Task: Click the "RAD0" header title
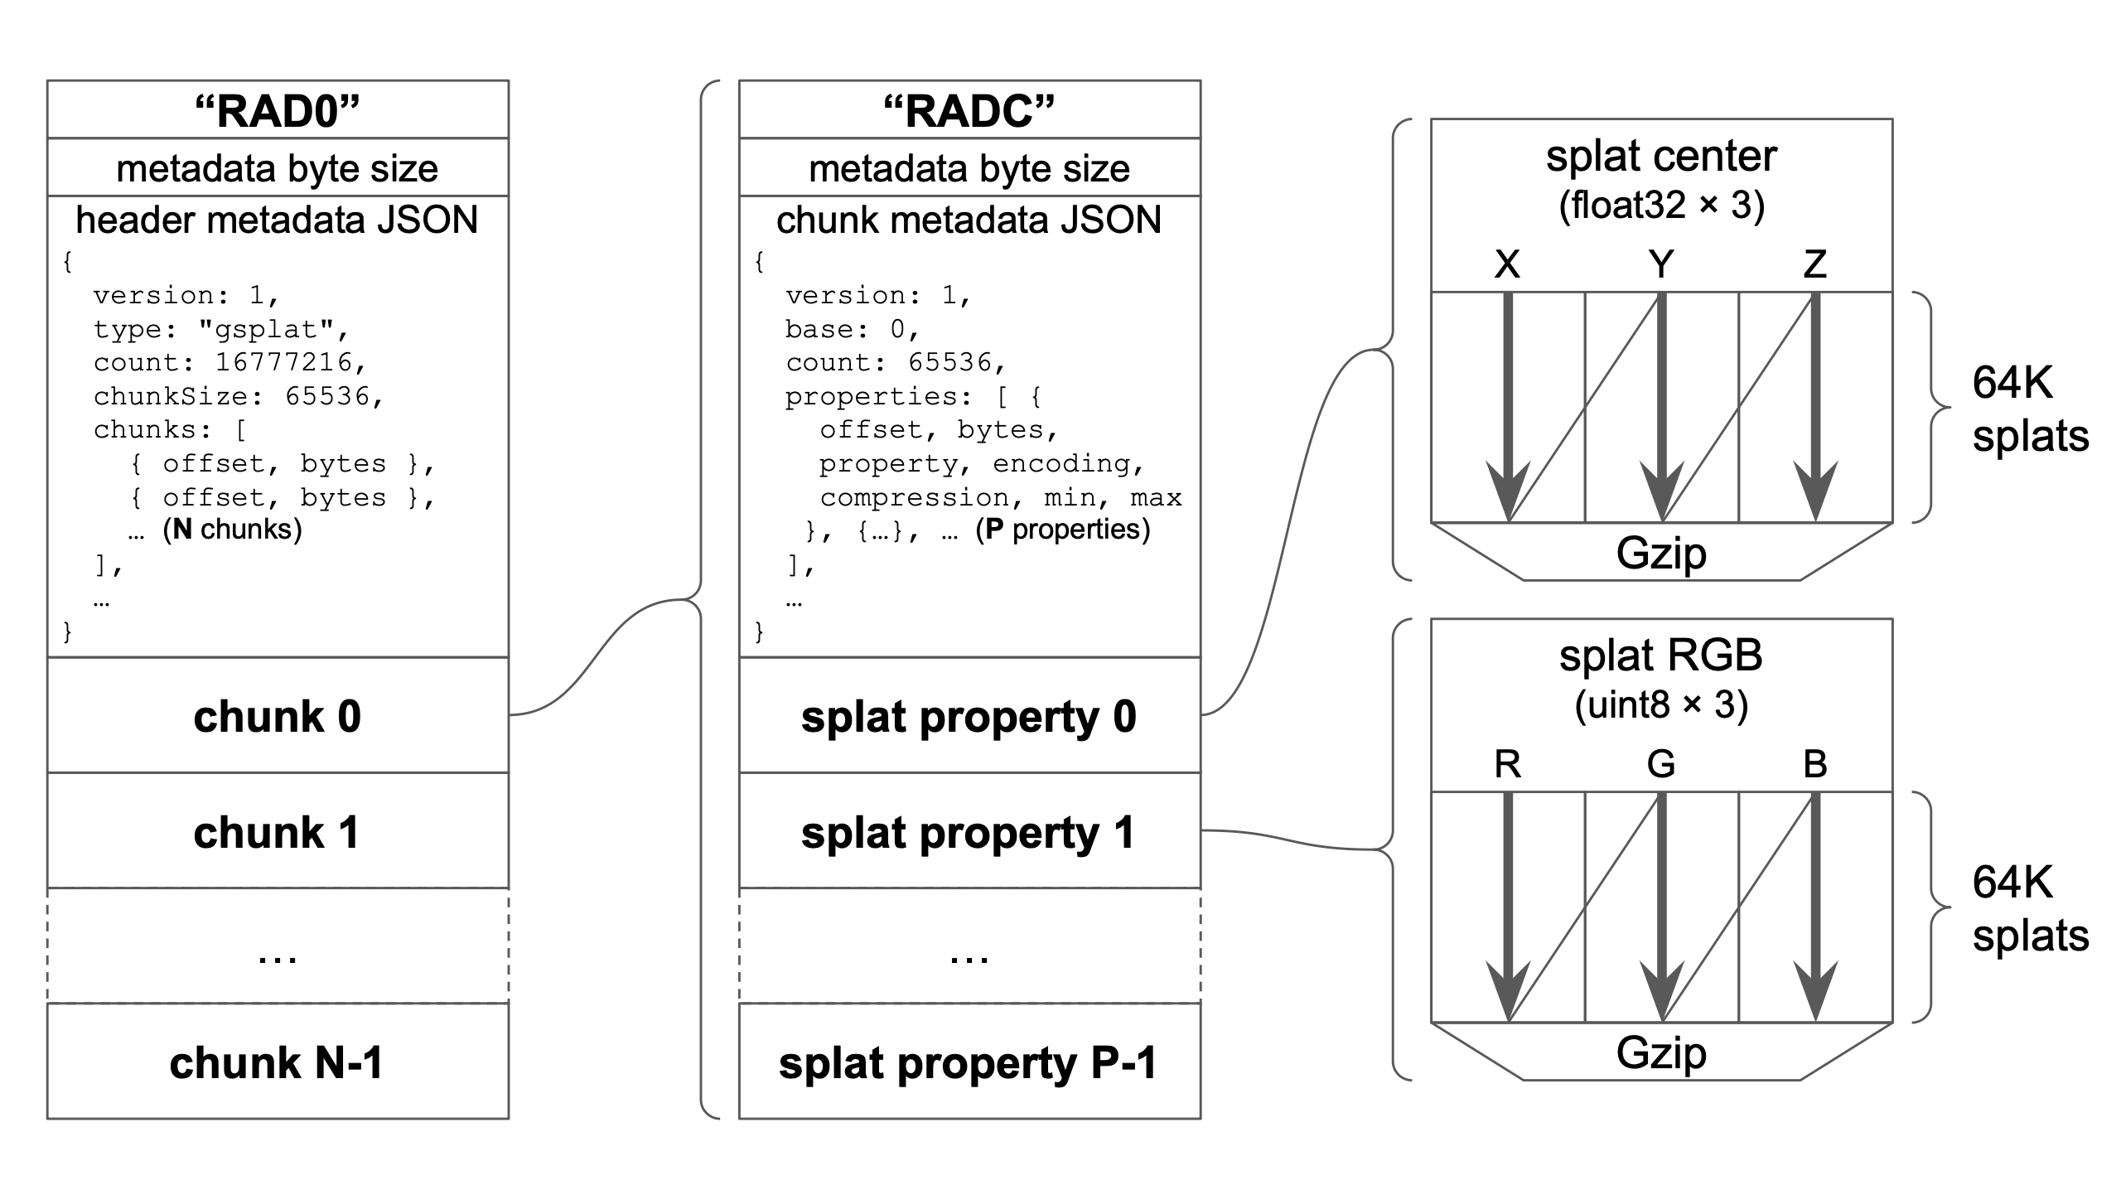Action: tap(278, 111)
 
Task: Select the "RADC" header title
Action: tap(969, 111)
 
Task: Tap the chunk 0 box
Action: tap(278, 716)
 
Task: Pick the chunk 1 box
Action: tap(278, 832)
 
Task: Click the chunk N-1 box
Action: tap(278, 1062)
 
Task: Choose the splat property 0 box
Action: tap(969, 716)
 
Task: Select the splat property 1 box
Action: tap(969, 832)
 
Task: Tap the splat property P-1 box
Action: tap(969, 1062)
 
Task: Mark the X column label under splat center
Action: tap(1507, 264)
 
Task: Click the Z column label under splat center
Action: tap(1814, 264)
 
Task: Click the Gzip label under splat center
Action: tap(1661, 554)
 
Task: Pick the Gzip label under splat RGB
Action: tap(1661, 1053)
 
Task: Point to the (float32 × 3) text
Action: tap(1661, 205)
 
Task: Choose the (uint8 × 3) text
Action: tap(1661, 704)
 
